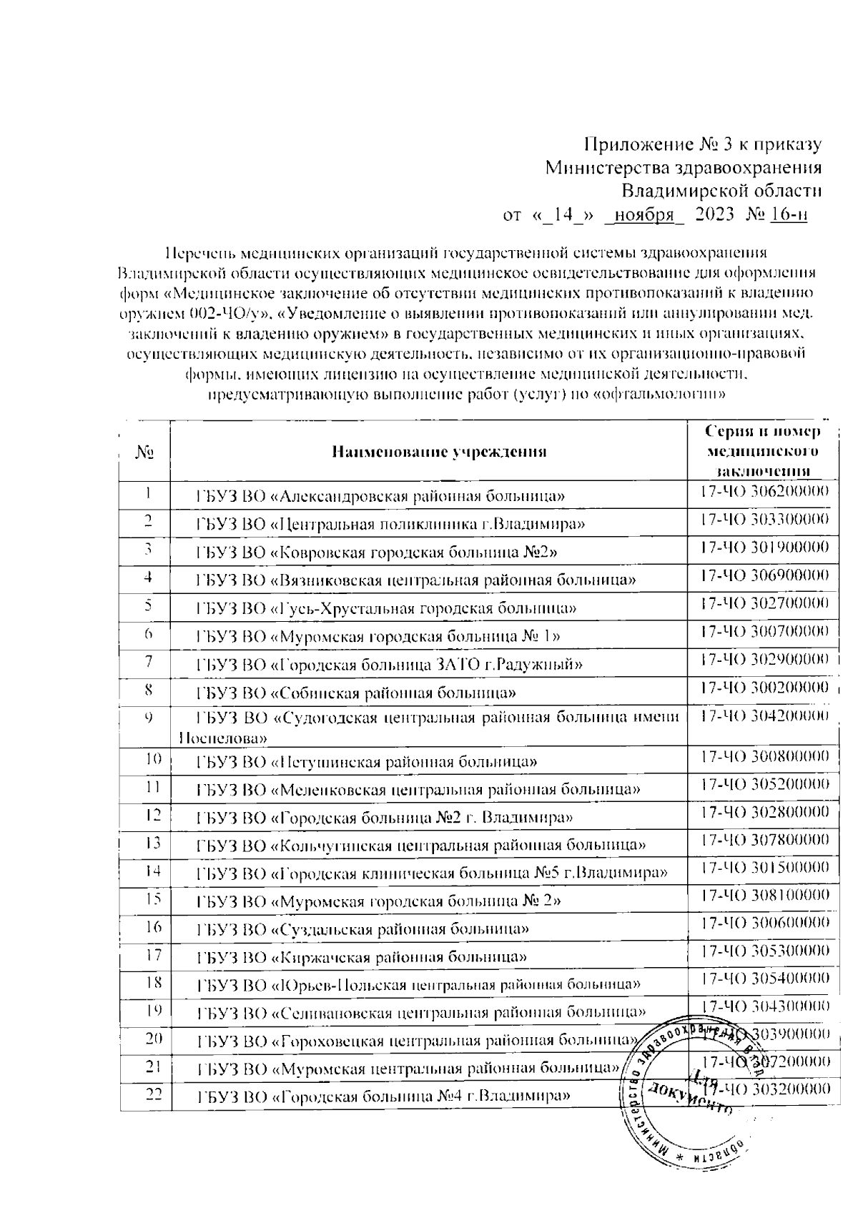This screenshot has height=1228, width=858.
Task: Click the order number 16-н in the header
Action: (789, 214)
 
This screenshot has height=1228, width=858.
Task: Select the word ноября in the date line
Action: (645, 214)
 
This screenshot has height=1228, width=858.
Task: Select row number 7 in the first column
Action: (148, 661)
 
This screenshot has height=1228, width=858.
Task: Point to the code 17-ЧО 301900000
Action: (763, 548)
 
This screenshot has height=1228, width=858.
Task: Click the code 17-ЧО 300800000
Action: (763, 756)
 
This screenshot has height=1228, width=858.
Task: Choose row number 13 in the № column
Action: (151, 842)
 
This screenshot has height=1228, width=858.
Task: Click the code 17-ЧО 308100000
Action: (763, 895)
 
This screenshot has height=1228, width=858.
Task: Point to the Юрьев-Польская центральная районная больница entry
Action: (418, 985)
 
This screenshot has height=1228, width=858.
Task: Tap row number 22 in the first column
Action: (151, 1094)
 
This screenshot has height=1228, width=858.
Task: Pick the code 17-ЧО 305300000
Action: (763, 951)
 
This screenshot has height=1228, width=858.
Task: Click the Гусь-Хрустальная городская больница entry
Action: (386, 608)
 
